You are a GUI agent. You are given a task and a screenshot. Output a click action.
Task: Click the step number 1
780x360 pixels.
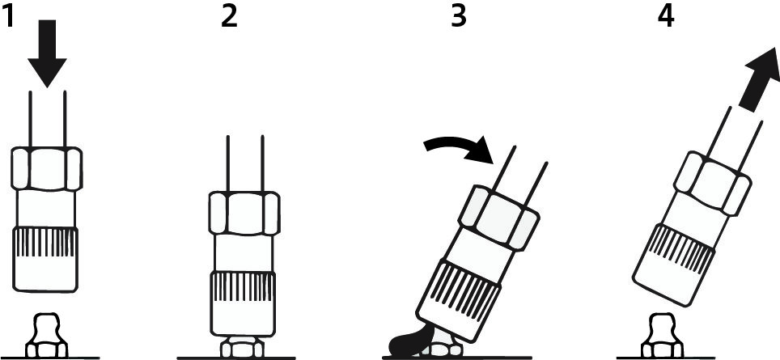[10, 16]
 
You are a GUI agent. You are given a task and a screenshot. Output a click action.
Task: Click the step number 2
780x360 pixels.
[229, 16]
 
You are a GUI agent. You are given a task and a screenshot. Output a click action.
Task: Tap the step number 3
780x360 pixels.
[459, 16]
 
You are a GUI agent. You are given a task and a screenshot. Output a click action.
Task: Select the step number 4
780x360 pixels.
[666, 16]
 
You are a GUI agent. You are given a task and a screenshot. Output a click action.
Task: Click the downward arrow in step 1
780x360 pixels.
[47, 53]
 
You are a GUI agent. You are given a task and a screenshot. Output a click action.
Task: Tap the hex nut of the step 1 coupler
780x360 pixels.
[46, 168]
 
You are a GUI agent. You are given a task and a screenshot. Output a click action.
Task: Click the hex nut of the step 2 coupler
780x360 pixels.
[244, 213]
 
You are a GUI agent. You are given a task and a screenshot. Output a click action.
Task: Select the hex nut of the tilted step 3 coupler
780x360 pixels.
[498, 218]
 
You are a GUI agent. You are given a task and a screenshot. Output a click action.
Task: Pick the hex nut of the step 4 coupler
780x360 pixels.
[712, 184]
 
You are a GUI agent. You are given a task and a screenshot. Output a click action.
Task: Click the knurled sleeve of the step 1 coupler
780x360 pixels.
[45, 259]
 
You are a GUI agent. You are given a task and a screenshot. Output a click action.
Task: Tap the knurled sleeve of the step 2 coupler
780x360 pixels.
[244, 303]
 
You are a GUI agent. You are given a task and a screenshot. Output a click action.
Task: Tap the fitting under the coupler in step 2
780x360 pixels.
[243, 346]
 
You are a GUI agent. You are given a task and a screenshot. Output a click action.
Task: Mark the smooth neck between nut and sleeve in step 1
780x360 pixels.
[46, 209]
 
